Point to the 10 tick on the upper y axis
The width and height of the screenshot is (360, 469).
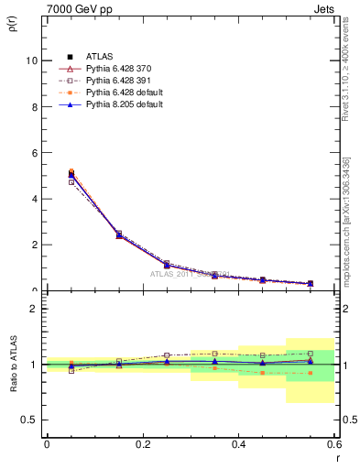tap(30, 61)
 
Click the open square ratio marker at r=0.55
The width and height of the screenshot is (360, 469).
tap(311, 353)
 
